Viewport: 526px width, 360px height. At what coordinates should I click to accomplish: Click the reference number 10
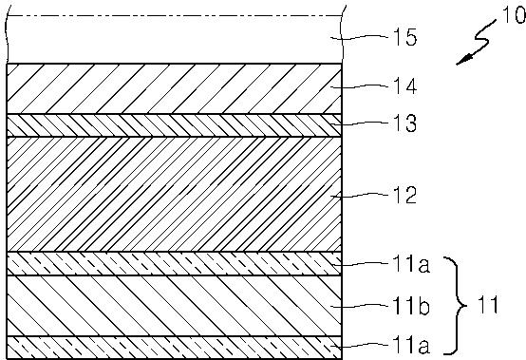point(514,15)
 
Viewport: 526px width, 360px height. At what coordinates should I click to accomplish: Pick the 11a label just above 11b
point(411,264)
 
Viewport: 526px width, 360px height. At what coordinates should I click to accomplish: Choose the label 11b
point(411,306)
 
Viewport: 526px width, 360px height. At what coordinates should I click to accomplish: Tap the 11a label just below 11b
point(411,346)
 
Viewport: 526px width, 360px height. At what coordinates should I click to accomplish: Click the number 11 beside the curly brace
point(487,305)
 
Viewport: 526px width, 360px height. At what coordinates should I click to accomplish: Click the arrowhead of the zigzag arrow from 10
point(463,60)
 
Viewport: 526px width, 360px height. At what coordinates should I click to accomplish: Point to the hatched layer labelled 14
point(174,88)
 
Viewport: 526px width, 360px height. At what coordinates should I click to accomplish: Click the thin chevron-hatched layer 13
point(174,125)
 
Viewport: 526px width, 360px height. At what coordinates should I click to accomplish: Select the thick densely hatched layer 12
point(174,195)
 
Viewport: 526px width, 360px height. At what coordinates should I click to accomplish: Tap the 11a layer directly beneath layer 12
point(174,264)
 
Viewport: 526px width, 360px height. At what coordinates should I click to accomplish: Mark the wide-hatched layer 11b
point(174,306)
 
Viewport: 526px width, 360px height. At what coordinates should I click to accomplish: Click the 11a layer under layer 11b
point(174,348)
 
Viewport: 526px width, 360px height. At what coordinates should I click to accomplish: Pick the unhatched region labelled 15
point(174,39)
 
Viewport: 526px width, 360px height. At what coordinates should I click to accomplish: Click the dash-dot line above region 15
point(174,16)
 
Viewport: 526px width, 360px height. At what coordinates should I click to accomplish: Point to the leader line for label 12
point(360,196)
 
